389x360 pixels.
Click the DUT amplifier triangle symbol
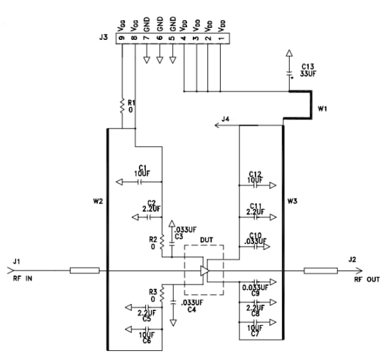pos(204,270)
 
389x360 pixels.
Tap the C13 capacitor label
pos(308,64)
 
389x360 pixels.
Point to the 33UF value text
pos(309,73)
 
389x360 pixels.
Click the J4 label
pos(225,120)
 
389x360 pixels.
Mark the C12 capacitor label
pos(254,173)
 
